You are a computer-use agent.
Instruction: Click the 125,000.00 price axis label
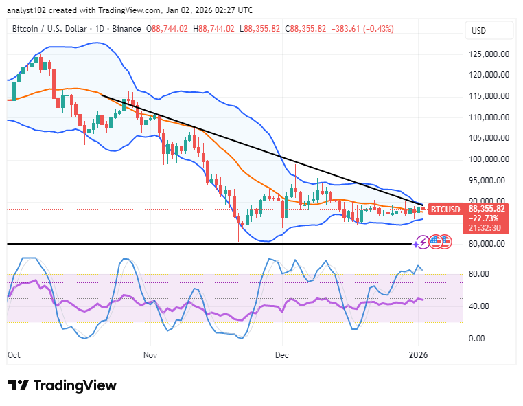point(489,54)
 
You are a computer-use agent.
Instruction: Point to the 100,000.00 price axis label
point(489,159)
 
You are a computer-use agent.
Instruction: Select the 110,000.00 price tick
point(489,117)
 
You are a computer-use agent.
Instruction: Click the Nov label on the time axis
point(152,354)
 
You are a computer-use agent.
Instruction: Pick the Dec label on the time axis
point(282,354)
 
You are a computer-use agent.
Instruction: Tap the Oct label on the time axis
point(14,354)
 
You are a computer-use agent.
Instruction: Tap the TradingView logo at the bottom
point(62,385)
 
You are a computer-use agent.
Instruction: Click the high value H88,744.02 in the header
point(215,29)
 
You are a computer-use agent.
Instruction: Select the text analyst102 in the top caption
point(29,10)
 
